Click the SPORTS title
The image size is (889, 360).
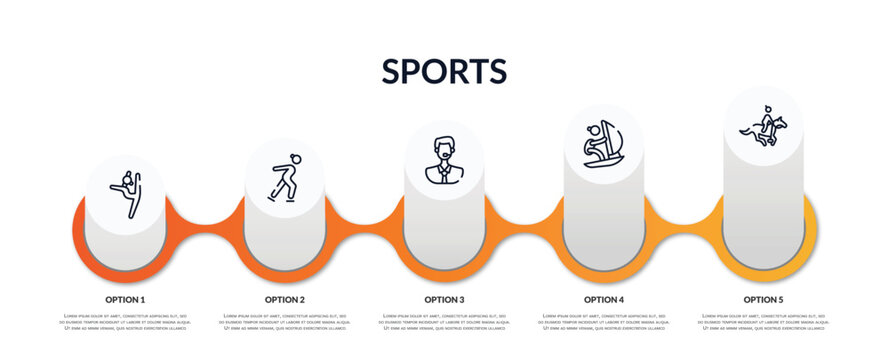444,71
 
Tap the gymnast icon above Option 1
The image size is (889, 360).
125,193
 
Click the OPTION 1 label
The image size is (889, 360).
125,299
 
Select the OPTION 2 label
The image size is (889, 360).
284,299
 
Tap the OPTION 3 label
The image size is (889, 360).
444,299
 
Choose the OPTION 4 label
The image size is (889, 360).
603,299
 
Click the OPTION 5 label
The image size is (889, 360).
763,299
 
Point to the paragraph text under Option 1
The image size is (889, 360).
125,322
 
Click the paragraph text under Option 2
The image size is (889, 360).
284,322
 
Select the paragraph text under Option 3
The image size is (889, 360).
444,322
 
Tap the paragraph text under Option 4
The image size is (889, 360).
603,322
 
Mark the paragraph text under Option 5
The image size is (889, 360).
763,322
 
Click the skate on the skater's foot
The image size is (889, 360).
271,198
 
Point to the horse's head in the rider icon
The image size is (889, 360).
782,123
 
